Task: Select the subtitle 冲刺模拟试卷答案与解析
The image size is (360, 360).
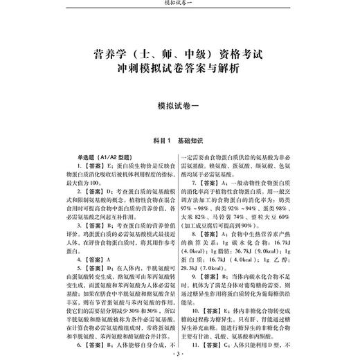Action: pyautogui.click(x=179, y=69)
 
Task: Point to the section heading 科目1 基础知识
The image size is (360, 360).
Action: pyautogui.click(x=179, y=138)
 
